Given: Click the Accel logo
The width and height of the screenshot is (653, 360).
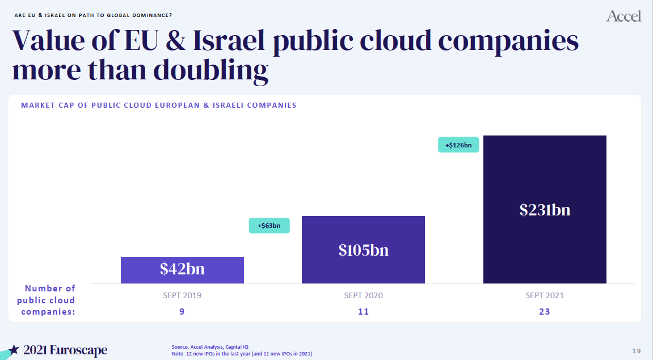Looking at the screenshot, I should [623, 16].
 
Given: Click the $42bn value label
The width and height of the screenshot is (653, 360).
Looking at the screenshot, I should [182, 269].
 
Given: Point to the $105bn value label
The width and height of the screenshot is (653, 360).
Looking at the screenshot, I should [364, 250].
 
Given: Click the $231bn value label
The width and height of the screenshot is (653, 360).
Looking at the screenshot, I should [545, 210].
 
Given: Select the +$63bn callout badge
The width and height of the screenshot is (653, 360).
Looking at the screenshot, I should [269, 226].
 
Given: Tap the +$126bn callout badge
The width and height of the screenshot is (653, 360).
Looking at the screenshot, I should [458, 145].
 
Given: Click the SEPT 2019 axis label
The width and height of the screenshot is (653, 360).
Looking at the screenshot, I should [182, 295].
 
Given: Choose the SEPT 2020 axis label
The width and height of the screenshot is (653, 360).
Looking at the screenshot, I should [364, 295].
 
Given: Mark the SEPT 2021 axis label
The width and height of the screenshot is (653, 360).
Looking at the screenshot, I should [545, 295].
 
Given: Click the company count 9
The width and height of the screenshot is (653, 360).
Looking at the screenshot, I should [182, 312].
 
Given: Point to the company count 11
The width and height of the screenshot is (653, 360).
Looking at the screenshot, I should [364, 312].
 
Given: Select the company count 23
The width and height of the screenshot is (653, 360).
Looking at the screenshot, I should [545, 312].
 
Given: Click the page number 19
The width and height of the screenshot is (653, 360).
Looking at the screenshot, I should [637, 350].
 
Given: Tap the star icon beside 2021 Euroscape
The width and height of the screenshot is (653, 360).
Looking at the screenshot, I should [14, 350].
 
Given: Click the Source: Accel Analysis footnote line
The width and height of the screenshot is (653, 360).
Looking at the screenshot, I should [210, 346].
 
